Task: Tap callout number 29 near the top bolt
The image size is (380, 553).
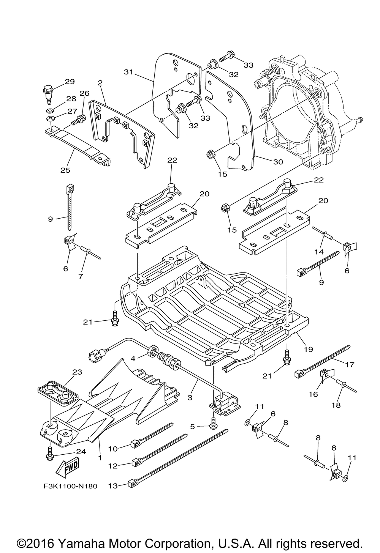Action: pos(70,82)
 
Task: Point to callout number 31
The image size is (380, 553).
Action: pos(128,72)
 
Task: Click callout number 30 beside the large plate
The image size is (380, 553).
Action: pos(278,162)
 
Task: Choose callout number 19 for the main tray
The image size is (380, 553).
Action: pos(309,349)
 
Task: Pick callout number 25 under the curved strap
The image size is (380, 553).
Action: pos(65,170)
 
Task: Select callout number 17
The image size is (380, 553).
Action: pos(350,364)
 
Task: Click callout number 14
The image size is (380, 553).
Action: pos(319,252)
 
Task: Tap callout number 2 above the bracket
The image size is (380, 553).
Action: pos(100,83)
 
